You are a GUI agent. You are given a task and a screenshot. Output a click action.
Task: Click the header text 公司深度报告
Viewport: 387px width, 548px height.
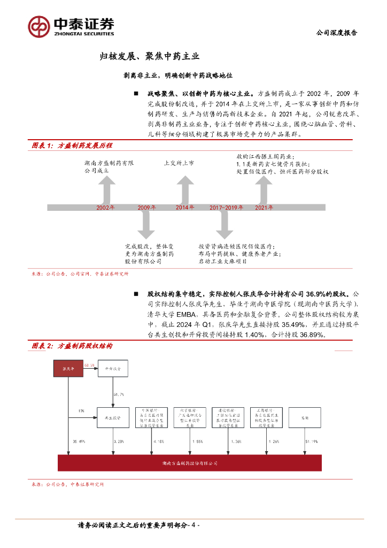click(337, 33)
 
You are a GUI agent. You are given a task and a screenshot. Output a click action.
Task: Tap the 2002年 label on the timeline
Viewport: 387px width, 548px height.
click(105, 207)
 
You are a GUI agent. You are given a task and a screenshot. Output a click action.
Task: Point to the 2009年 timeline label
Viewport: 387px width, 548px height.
click(146, 207)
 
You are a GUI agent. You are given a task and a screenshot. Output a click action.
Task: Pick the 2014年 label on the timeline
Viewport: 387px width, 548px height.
click(185, 207)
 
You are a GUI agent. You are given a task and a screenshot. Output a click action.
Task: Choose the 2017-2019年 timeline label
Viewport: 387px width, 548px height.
click(226, 207)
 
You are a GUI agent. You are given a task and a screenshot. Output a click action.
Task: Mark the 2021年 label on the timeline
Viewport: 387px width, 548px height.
click(264, 207)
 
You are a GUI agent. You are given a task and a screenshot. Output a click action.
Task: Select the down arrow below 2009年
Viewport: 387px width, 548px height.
click(146, 225)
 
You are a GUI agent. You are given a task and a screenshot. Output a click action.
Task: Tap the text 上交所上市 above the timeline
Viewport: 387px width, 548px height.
click(179, 163)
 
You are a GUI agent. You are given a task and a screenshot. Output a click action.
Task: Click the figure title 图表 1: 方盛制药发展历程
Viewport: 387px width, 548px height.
click(72, 146)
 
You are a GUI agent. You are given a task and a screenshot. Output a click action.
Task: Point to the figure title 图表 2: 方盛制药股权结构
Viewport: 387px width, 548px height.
click(72, 346)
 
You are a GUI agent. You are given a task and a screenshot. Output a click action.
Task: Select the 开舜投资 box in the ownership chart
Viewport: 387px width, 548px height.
click(112, 369)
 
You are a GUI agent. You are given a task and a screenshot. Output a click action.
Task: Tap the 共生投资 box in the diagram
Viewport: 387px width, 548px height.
click(112, 417)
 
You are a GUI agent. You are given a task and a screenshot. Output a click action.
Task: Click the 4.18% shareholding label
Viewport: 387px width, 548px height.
click(158, 442)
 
